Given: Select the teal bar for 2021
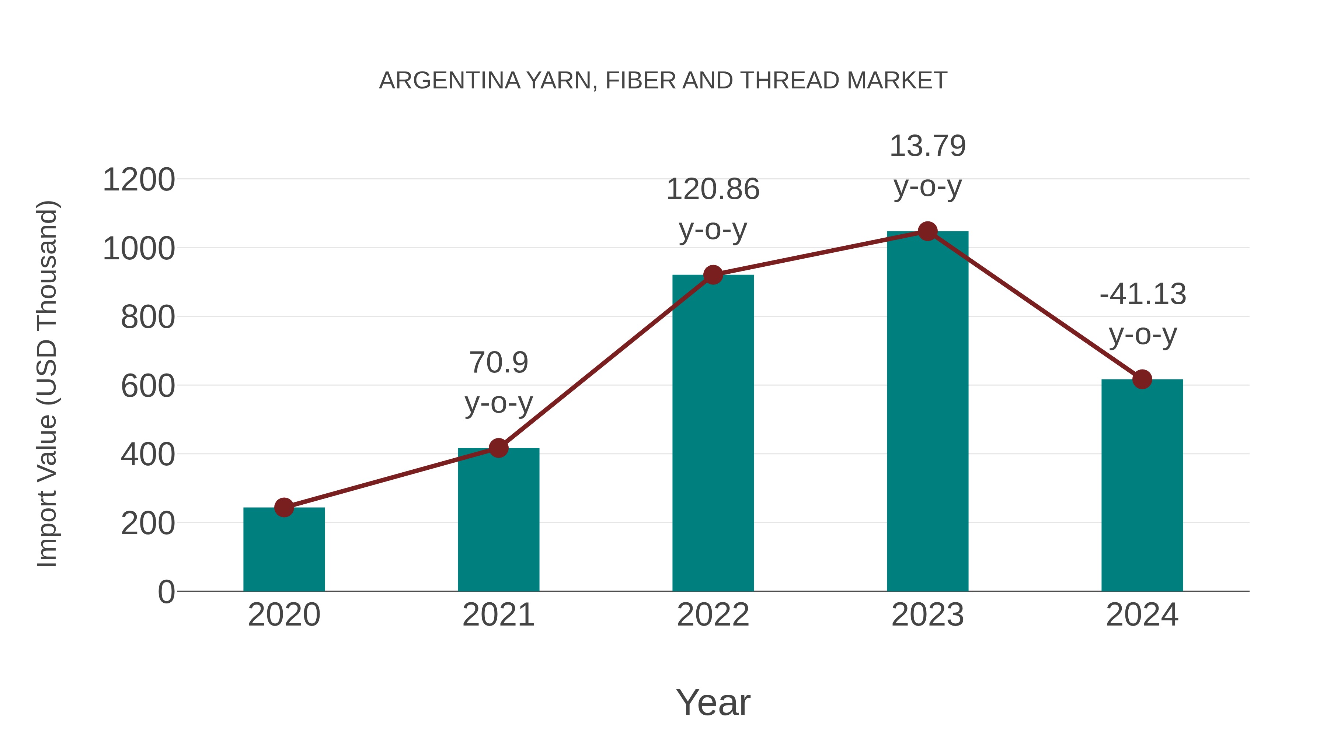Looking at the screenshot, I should pos(498,519).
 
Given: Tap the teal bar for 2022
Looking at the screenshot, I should pos(713,433).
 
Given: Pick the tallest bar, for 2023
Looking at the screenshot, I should pos(927,411).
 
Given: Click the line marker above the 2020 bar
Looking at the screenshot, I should pos(284,508).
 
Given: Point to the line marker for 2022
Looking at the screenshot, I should pos(713,275).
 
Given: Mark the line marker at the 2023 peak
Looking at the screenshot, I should pos(927,232).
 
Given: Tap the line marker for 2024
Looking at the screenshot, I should pos(1142,379).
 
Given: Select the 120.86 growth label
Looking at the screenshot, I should pos(713,189).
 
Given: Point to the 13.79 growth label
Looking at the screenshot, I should pos(927,146).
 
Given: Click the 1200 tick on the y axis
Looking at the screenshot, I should pos(139,180).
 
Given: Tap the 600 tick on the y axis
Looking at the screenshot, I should pos(148,386).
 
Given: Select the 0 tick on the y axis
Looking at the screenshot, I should pos(166,592).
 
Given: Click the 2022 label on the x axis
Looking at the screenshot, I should pos(713,615).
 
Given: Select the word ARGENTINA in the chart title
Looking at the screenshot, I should pos(449,81).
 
